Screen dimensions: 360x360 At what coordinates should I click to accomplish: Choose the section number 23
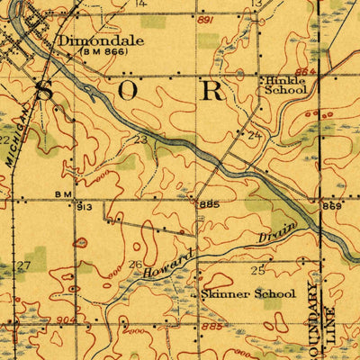pyautogui.click(x=139, y=139)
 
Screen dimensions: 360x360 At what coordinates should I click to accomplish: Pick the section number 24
pyautogui.click(x=254, y=135)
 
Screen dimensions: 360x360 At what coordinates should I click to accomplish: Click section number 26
pyautogui.click(x=136, y=264)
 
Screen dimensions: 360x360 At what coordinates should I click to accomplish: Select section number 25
pyautogui.click(x=258, y=270)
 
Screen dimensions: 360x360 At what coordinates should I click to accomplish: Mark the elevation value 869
pyautogui.click(x=331, y=206)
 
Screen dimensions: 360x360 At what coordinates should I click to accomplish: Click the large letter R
pyautogui.click(x=212, y=90)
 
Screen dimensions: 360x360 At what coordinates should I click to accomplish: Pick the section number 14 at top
pyautogui.click(x=139, y=4)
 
